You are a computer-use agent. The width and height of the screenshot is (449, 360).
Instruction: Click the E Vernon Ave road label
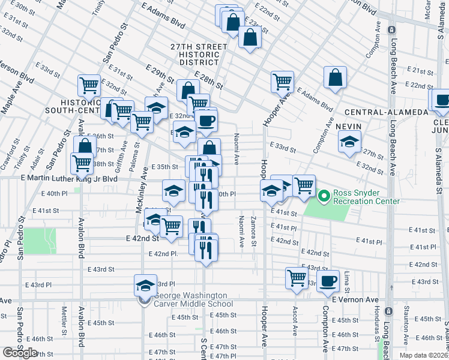(355, 299)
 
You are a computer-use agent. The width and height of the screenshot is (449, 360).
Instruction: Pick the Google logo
(19, 353)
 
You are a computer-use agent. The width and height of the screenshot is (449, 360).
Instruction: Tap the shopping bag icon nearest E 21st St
(336, 77)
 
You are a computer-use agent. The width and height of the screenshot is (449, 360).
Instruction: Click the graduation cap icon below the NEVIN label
(349, 142)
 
